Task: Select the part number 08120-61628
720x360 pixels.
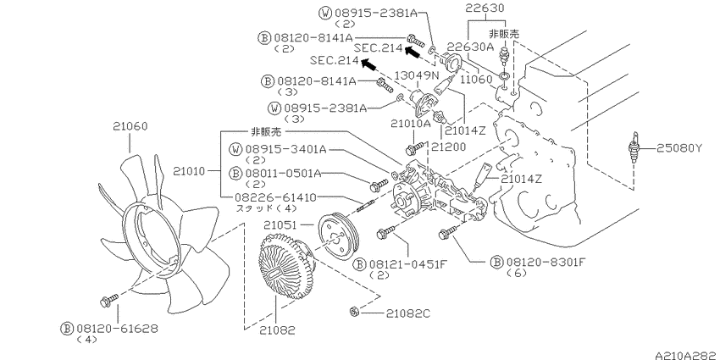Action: [x=103, y=326]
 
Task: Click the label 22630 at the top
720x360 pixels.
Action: [x=485, y=8]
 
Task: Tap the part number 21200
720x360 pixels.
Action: [x=448, y=147]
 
